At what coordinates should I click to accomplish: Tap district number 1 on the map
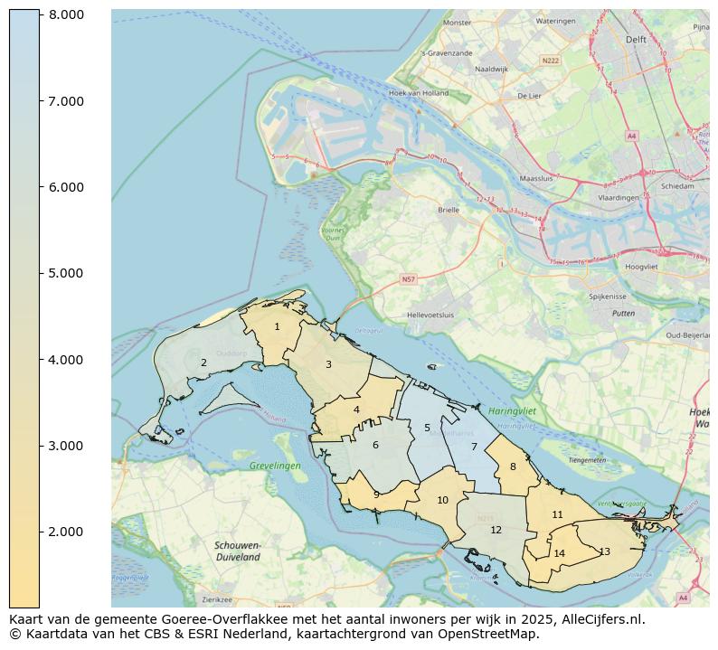coord(277,327)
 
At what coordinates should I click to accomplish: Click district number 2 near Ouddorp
coord(203,363)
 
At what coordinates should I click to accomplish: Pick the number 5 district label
coord(427,429)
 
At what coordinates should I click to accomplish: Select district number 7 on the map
coord(474,447)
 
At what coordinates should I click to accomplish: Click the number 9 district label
coord(376,495)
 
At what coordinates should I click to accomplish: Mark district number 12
coord(496,531)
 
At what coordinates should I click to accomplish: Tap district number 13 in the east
coord(604,552)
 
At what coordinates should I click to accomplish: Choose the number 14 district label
coord(559,554)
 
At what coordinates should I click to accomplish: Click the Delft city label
coord(636,40)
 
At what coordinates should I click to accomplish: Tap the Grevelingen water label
coord(275,466)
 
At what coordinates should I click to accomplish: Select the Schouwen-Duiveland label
coord(238,551)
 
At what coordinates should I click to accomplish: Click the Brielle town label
coord(449,209)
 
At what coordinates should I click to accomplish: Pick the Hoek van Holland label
coord(418,93)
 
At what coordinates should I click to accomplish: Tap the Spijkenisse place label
coord(608,296)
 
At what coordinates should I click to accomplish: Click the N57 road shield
coord(408,280)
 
